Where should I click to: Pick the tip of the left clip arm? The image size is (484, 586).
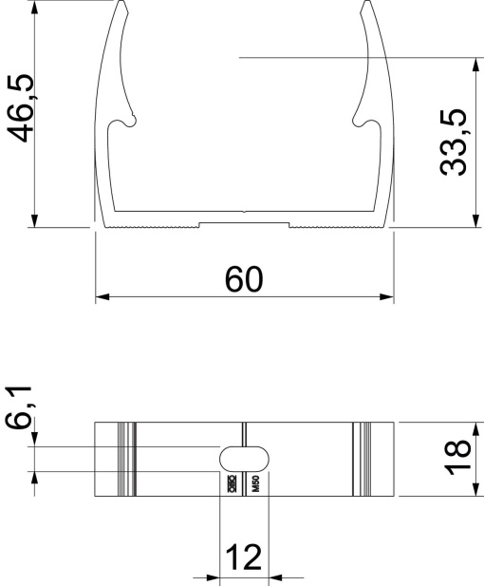(123, 4)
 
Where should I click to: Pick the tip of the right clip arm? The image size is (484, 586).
(365, 4)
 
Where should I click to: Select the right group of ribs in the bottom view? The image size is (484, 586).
(361, 459)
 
